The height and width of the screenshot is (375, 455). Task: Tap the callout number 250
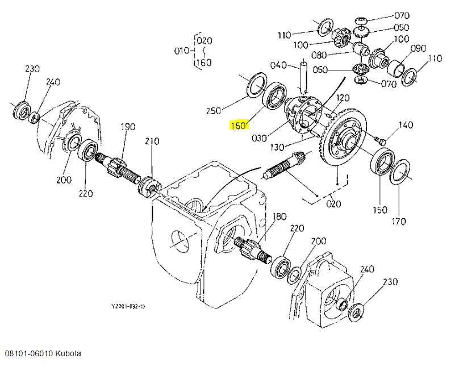click(x=214, y=110)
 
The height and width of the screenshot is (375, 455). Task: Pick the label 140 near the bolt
click(x=406, y=125)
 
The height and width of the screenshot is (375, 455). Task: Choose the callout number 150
click(x=379, y=210)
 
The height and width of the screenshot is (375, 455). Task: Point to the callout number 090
click(x=418, y=48)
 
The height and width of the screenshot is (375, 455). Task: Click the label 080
click(x=319, y=55)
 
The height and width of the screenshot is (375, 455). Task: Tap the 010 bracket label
click(x=181, y=51)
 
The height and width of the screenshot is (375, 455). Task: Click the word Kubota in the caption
click(x=68, y=353)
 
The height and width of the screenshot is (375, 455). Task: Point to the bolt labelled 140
click(x=379, y=137)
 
